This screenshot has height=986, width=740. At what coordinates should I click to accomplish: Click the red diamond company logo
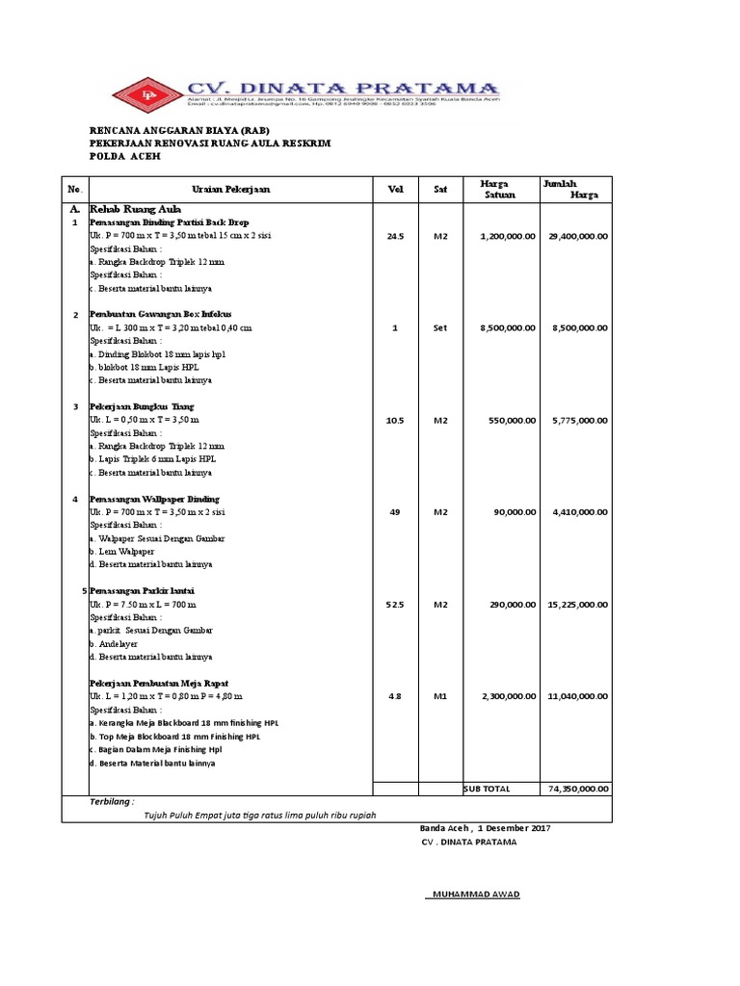147,93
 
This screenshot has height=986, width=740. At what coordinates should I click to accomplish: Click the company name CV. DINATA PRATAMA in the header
343,88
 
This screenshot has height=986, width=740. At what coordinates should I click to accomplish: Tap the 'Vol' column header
395,190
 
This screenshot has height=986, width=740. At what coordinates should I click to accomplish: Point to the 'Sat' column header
440,190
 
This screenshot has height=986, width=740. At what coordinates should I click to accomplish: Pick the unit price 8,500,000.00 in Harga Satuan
507,327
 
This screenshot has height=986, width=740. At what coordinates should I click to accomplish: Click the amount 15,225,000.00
578,605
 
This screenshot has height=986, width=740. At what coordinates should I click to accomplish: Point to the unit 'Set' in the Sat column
440,327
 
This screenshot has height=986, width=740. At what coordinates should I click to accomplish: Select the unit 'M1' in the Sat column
440,695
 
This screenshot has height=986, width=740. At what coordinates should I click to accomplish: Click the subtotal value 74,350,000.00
578,789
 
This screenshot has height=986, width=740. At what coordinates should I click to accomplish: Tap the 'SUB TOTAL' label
487,789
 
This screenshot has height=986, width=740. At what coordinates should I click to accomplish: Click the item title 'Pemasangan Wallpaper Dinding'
154,499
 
